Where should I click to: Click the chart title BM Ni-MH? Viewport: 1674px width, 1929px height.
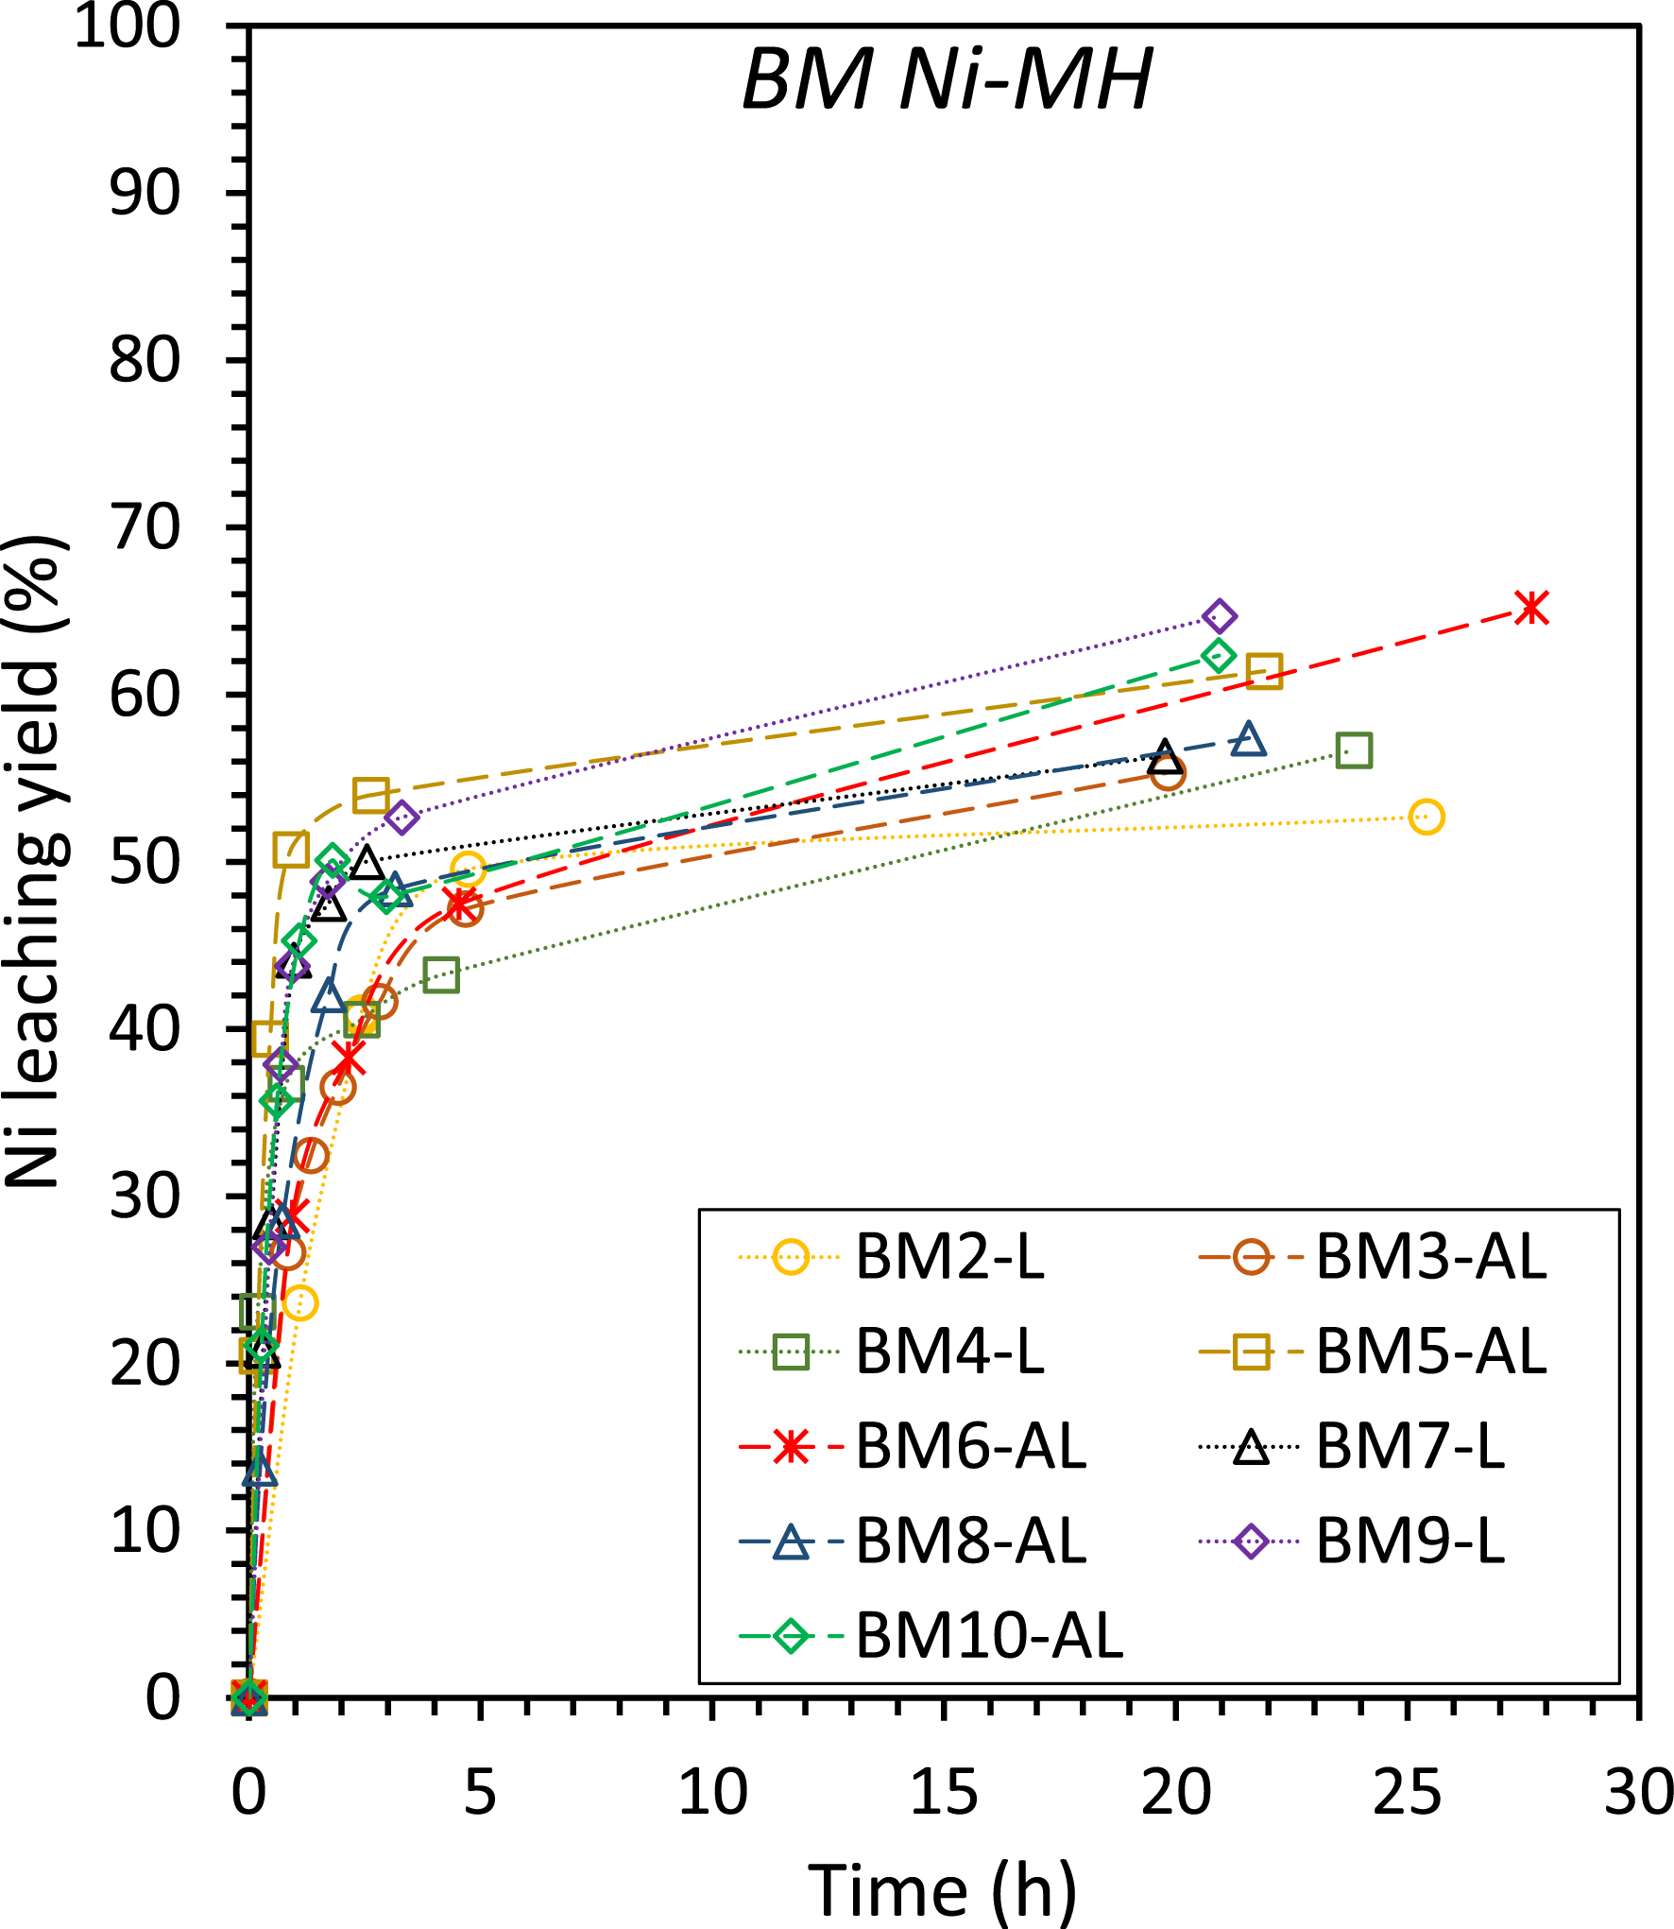[x=947, y=79]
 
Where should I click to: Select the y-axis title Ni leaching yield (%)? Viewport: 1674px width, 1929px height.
[x=36, y=860]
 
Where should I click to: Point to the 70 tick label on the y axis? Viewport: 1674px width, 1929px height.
[x=145, y=527]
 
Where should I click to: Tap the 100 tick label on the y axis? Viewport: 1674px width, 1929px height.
[x=128, y=26]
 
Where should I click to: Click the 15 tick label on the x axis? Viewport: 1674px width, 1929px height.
[x=944, y=1793]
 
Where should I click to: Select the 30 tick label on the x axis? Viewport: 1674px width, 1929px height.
[x=1638, y=1793]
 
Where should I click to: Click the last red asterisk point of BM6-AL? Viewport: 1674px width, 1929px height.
[x=1531, y=607]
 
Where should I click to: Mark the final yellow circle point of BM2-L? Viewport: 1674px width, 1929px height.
[x=1426, y=817]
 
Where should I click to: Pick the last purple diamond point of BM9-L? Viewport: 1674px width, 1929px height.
[x=1220, y=616]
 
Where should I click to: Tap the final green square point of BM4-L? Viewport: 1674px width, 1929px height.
[x=1354, y=750]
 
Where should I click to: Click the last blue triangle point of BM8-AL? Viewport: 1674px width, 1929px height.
[x=1249, y=739]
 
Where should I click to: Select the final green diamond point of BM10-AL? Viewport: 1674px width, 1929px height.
[x=1218, y=655]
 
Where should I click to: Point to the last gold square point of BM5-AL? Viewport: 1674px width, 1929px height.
[x=1264, y=671]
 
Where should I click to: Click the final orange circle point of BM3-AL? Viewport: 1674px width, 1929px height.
[x=1168, y=774]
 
